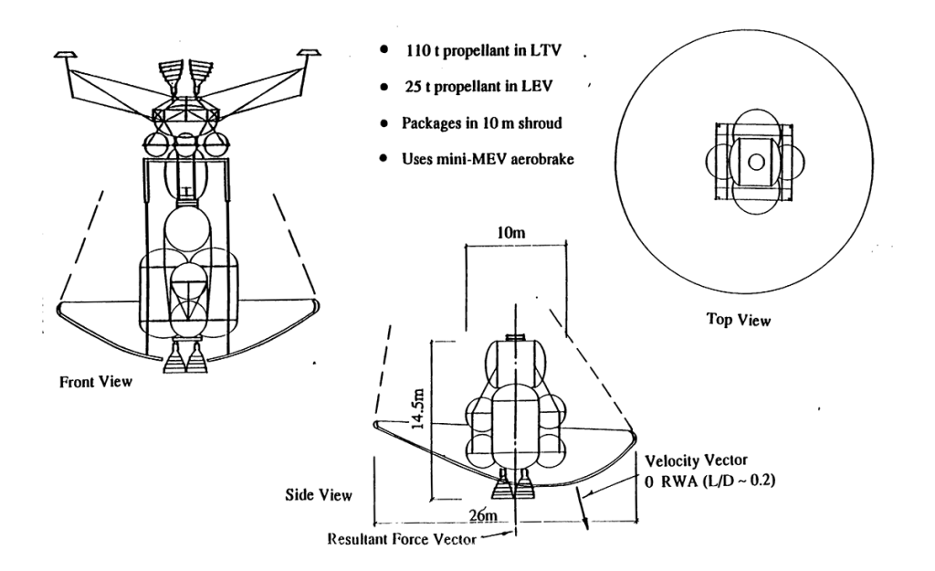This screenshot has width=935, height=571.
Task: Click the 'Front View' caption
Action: pos(89,382)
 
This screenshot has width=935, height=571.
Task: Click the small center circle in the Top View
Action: pos(756,163)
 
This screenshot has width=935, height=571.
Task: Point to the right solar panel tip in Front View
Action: pos(310,56)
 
